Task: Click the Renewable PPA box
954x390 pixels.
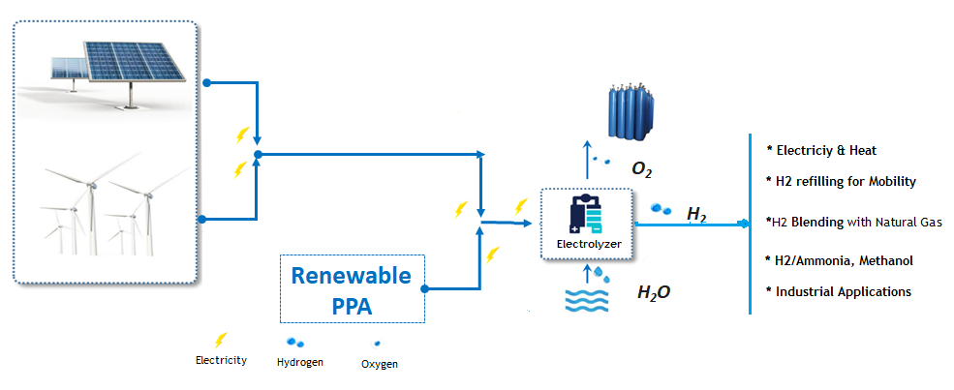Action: pos(353,288)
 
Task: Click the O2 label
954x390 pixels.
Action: pos(641,170)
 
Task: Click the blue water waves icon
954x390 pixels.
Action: pos(587,301)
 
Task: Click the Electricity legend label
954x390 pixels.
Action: pos(221,360)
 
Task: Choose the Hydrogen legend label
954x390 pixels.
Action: pos(300,362)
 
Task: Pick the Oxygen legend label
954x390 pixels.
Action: pos(379,364)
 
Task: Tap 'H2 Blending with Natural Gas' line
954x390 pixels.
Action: pos(853,222)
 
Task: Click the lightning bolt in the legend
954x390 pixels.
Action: pos(221,340)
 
